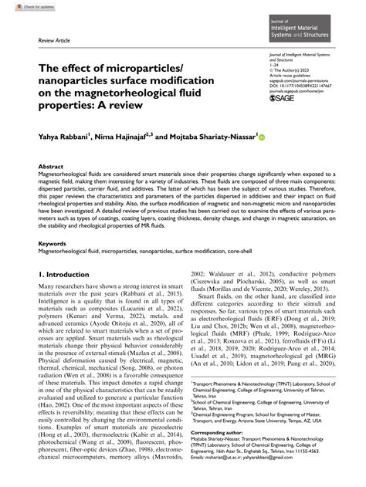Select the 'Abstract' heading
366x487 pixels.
pyautogui.click(x=52, y=167)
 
